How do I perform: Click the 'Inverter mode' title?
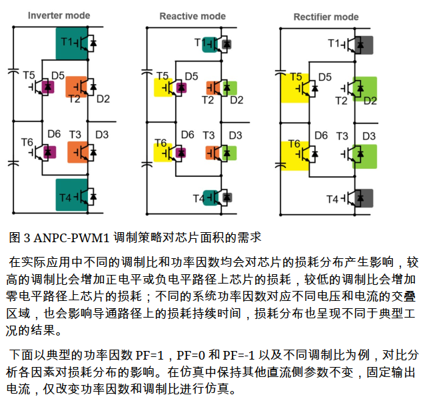tap(59, 15)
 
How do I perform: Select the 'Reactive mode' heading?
tap(193, 16)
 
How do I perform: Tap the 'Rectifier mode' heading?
tap(326, 17)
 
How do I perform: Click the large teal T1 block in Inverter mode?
tap(72, 43)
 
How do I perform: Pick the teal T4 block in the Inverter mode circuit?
tap(72, 195)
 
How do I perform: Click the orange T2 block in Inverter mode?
tap(77, 87)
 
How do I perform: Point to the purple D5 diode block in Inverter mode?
tap(47, 87)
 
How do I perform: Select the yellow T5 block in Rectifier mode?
tap(295, 88)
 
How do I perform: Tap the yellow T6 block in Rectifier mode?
tap(295, 155)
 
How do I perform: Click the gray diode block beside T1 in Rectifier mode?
tap(364, 45)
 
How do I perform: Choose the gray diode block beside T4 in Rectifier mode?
tap(364, 198)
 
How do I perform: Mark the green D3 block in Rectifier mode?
tap(364, 156)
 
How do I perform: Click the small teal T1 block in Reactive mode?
tap(210, 45)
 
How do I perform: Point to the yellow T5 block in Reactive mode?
tap(163, 87)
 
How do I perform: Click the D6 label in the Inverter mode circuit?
tap(54, 134)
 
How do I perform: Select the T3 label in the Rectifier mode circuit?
tap(342, 136)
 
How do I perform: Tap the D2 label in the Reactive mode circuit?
tap(236, 100)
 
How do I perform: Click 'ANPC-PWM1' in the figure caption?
tap(71, 238)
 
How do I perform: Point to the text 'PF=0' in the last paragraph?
tap(191, 355)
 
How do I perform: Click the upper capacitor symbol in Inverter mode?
tap(13, 71)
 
